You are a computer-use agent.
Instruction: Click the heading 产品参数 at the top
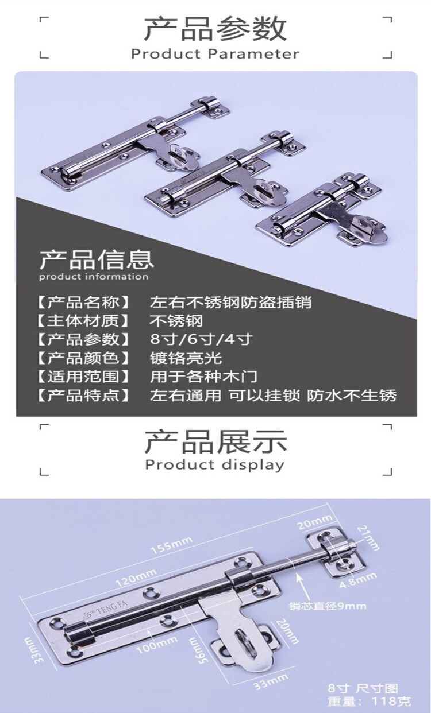[x=215, y=29]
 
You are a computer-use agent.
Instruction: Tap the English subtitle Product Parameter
[x=215, y=55]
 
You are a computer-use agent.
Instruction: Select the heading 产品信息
[x=96, y=259]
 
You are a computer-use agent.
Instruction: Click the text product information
[x=94, y=277]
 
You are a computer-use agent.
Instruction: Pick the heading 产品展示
[x=215, y=442]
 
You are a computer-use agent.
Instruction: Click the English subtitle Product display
[x=215, y=464]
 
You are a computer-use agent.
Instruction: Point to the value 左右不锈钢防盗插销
[x=230, y=301]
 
